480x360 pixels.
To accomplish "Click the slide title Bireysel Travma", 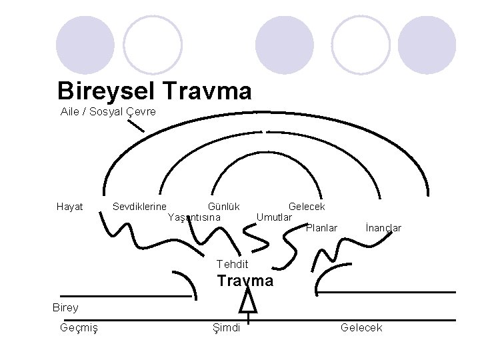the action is pos(154,90).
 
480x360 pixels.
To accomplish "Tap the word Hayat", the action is pos(70,207).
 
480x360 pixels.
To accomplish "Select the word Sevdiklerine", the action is pos(140,207).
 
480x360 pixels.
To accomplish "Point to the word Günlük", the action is pos(223,207).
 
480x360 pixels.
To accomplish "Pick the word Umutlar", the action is pos(275,217).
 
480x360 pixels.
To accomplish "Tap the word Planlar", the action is pos(321,228).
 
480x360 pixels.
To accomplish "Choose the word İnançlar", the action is pos(383,228).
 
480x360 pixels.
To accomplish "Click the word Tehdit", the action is pos(232,265).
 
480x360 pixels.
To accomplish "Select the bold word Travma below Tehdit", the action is pos(245,281).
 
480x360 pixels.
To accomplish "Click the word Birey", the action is pos(66,307).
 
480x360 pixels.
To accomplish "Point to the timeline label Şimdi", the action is pos(226,327).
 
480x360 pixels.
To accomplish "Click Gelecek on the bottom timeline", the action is pos(361,327).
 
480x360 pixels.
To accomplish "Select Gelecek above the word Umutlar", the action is pos(307,207).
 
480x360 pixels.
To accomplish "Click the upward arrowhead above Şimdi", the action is pos(247,303).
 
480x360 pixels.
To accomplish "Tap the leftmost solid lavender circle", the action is pos(85,45).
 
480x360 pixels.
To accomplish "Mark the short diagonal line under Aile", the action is pos(135,126).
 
